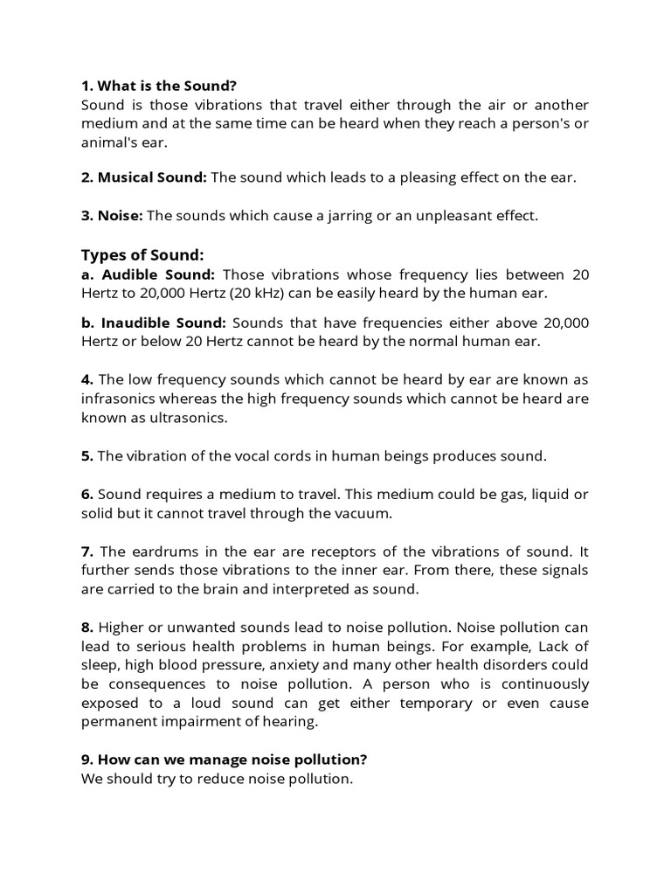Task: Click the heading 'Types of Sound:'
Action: (x=142, y=254)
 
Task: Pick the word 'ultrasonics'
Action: (x=188, y=418)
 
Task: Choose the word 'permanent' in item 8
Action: (x=116, y=722)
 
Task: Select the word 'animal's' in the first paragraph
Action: (x=109, y=142)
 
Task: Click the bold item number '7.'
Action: (x=87, y=551)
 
